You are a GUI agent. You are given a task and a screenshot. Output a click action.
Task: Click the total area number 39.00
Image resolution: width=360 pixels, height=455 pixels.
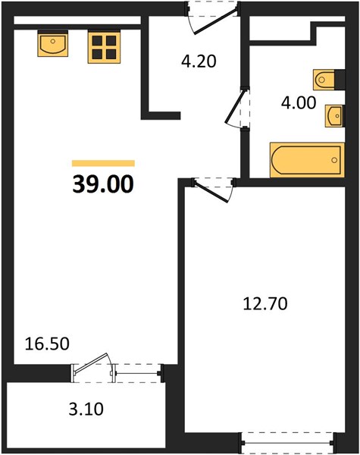coord(103,184)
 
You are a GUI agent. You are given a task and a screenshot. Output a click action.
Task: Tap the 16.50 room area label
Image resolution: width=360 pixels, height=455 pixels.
coord(47,344)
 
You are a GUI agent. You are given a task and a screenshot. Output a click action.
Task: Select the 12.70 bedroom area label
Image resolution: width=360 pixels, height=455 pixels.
coord(265,304)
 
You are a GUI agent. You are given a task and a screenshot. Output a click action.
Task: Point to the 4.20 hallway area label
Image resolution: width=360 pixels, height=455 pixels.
coord(199,61)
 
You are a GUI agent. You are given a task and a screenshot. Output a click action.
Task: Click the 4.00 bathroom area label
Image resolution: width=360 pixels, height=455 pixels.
coord(299,102)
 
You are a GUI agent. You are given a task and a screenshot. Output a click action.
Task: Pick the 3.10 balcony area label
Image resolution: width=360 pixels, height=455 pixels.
coord(86,409)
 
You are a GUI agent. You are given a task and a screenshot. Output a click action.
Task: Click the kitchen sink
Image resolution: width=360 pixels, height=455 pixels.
coord(53,44)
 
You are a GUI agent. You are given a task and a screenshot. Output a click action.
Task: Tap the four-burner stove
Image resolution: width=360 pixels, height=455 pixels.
coord(104,47)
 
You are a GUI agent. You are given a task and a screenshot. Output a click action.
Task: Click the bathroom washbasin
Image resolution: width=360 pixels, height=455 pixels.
coord(334,116)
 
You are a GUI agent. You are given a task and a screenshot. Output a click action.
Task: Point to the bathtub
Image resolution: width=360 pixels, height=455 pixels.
coord(307,160)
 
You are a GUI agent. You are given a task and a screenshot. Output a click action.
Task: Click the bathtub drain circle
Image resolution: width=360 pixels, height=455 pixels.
coord(334,160)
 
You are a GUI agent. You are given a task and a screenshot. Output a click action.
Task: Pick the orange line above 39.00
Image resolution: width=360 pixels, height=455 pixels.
coord(103,163)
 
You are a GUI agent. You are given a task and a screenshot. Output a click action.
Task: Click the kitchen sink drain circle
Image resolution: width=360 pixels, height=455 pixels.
coord(53,41)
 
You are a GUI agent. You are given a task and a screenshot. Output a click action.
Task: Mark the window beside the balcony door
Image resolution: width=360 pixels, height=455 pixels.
coord(137,373)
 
